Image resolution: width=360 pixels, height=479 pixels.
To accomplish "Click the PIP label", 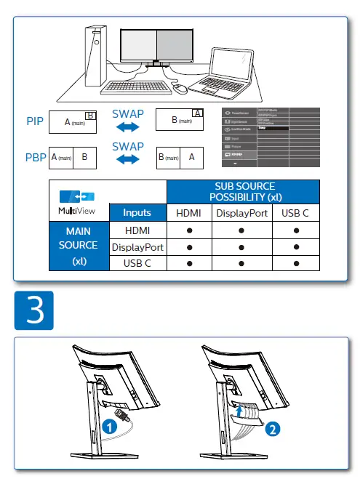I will [34, 121].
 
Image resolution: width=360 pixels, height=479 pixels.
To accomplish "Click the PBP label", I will [34, 156].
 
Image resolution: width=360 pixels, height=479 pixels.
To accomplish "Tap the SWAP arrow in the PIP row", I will [128, 127].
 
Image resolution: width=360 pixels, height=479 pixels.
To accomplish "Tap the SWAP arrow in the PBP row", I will [128, 161].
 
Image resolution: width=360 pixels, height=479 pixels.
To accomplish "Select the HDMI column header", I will [188, 213].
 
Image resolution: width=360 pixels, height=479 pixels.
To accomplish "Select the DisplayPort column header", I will [241, 213].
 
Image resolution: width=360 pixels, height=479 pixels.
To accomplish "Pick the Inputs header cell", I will [137, 213].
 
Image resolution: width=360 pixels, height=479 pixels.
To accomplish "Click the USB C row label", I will [137, 263].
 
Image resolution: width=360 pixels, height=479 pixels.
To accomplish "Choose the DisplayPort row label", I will [137, 247].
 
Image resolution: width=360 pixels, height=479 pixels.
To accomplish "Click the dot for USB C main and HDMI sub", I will [188, 263].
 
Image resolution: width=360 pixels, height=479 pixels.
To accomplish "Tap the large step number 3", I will [34, 310].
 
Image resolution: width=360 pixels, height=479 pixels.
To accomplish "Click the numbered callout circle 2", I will [271, 429].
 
